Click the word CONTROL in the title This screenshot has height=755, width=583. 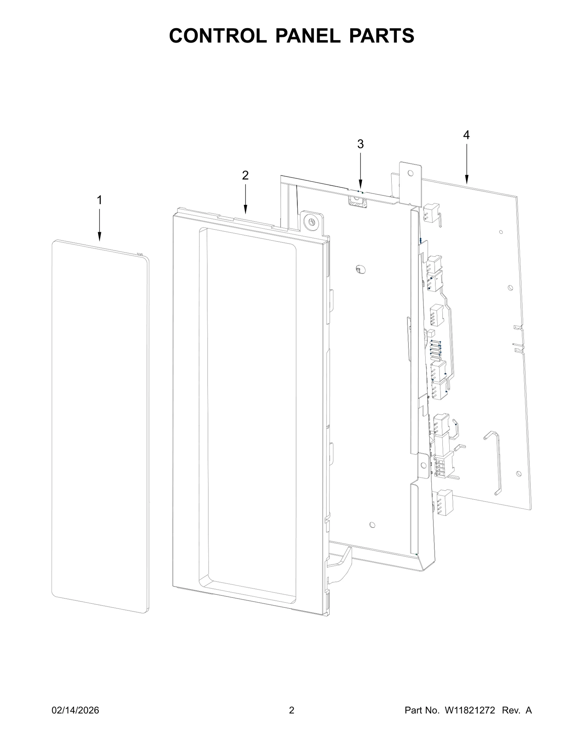[x=218, y=36]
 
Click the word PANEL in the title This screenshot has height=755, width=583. [x=308, y=36]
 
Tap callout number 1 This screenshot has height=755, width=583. [x=99, y=200]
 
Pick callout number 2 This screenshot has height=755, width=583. [x=245, y=175]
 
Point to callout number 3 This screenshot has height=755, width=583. [x=360, y=144]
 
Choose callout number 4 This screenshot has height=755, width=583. [x=466, y=135]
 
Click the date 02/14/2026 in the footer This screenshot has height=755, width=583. [x=75, y=710]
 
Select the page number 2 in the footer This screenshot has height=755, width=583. [x=291, y=710]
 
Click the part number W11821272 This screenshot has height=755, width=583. [x=470, y=710]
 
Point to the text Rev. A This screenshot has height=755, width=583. [x=517, y=710]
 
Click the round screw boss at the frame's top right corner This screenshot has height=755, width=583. [x=311, y=222]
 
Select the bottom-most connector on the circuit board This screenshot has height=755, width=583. [x=443, y=502]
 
